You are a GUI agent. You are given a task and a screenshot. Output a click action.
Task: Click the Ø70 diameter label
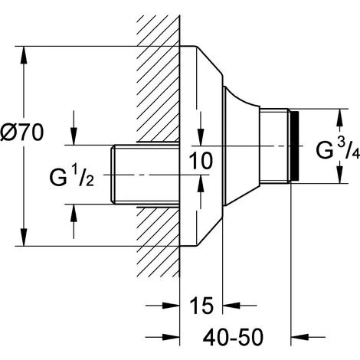(22, 133)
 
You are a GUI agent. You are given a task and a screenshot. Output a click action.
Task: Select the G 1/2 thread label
(72, 176)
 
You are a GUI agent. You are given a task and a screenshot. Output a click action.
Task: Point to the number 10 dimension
(201, 161)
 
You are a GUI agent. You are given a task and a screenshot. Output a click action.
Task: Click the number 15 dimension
(201, 306)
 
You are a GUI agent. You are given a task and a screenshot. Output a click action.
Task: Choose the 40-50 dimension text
(233, 337)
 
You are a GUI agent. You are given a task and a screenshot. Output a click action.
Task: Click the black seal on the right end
(294, 146)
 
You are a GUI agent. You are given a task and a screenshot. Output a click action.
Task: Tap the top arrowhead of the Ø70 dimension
(24, 54)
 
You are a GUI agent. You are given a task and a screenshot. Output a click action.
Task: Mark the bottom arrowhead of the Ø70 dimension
(24, 237)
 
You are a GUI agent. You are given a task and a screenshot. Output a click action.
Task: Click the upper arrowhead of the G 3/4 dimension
(339, 117)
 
